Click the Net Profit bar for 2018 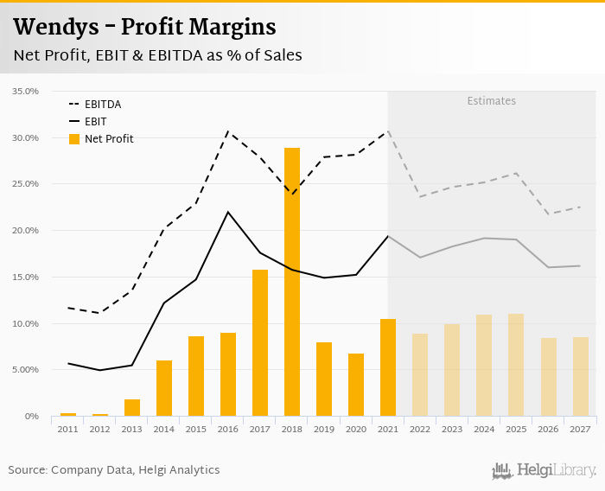pyautogui.click(x=292, y=282)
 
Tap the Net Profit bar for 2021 pyautogui.click(x=388, y=367)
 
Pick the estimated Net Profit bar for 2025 pyautogui.click(x=516, y=365)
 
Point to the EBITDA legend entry pyautogui.click(x=102, y=105)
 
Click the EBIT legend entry pyautogui.click(x=95, y=122)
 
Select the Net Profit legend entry pyautogui.click(x=108, y=138)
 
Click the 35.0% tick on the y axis pyautogui.click(x=26, y=92)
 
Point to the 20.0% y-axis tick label pyautogui.click(x=26, y=231)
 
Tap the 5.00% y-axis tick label pyautogui.click(x=26, y=370)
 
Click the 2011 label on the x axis pyautogui.click(x=68, y=429)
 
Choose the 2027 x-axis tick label pyautogui.click(x=580, y=429)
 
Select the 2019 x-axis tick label pyautogui.click(x=324, y=429)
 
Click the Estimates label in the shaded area pyautogui.click(x=492, y=101)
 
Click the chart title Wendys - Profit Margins pyautogui.click(x=144, y=28)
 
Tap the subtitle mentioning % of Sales pyautogui.click(x=157, y=55)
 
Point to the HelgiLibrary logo pyautogui.click(x=544, y=470)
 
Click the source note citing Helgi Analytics pyautogui.click(x=114, y=470)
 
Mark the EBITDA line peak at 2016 pyautogui.click(x=228, y=131)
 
